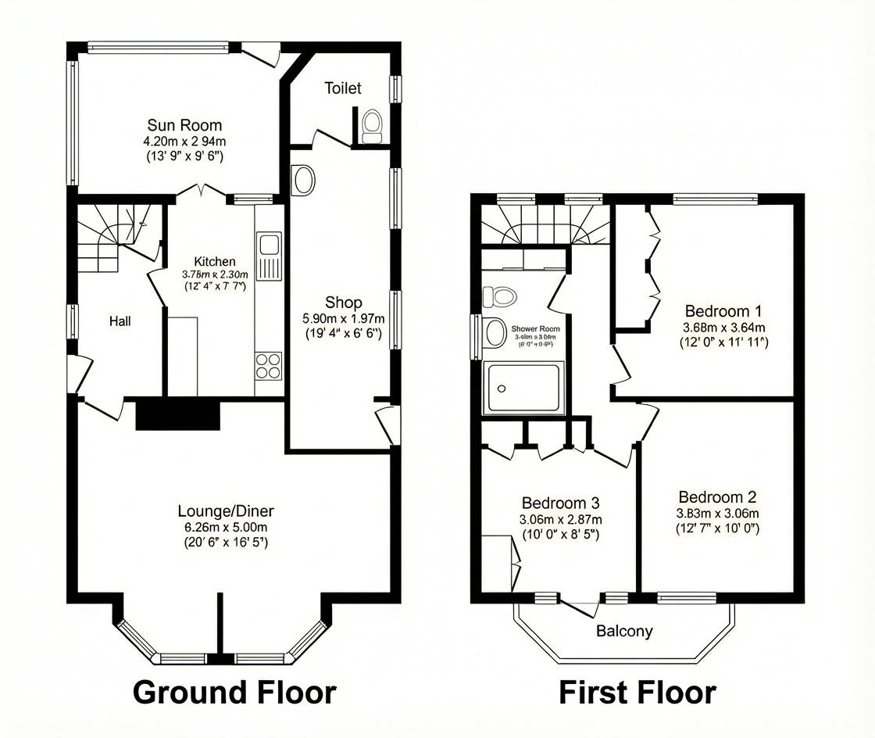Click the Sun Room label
click(x=184, y=125)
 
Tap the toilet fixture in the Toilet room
click(x=372, y=125)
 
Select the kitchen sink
click(x=270, y=255)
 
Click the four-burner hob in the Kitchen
click(x=268, y=366)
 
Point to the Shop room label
click(x=344, y=303)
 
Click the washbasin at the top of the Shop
click(x=302, y=181)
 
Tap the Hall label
click(x=120, y=321)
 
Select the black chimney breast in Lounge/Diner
click(x=178, y=414)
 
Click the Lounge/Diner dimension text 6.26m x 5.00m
click(x=225, y=528)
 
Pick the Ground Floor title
click(x=234, y=693)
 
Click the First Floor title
click(x=637, y=693)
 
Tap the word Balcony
click(x=624, y=631)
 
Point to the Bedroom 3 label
click(x=560, y=502)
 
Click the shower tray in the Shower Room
click(x=523, y=389)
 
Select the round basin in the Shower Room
click(x=495, y=332)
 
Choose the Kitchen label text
click(x=214, y=261)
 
